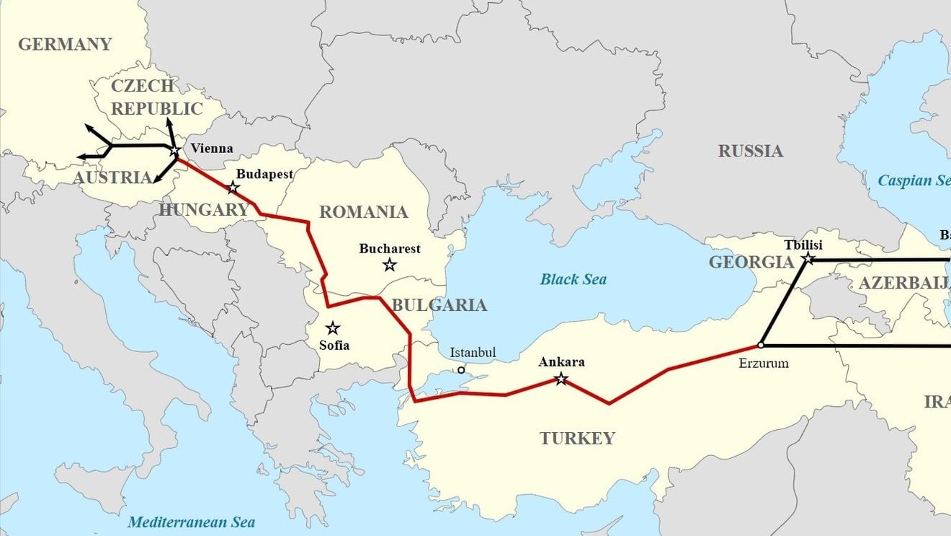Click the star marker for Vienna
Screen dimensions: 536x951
pyautogui.click(x=175, y=151)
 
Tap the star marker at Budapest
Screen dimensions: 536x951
pyautogui.click(x=233, y=188)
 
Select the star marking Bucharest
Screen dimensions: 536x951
pyautogui.click(x=390, y=265)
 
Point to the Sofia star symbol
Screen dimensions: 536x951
pyautogui.click(x=332, y=328)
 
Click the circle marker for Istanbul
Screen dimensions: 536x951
pyautogui.click(x=461, y=370)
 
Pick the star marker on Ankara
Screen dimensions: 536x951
pyautogui.click(x=561, y=379)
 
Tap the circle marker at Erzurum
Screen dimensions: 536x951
pyautogui.click(x=761, y=345)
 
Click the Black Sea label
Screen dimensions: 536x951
pyautogui.click(x=573, y=279)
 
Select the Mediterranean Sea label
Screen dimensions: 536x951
pyautogui.click(x=191, y=522)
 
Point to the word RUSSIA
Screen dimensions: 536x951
pyautogui.click(x=750, y=151)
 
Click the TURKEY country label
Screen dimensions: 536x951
pyautogui.click(x=577, y=438)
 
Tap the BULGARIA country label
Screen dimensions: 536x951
pyautogui.click(x=439, y=305)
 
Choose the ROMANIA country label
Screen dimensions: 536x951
pyautogui.click(x=363, y=212)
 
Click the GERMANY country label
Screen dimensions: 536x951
pyautogui.click(x=65, y=44)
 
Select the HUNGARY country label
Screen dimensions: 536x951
pyautogui.click(x=204, y=210)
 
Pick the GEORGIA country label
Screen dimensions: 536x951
pyautogui.click(x=751, y=262)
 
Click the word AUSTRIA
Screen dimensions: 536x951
pyautogui.click(x=112, y=177)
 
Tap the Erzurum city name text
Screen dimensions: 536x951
pyautogui.click(x=764, y=363)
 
